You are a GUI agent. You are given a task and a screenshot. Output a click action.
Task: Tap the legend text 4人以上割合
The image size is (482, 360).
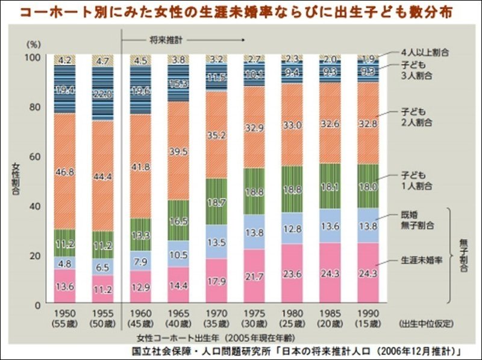[424, 52]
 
